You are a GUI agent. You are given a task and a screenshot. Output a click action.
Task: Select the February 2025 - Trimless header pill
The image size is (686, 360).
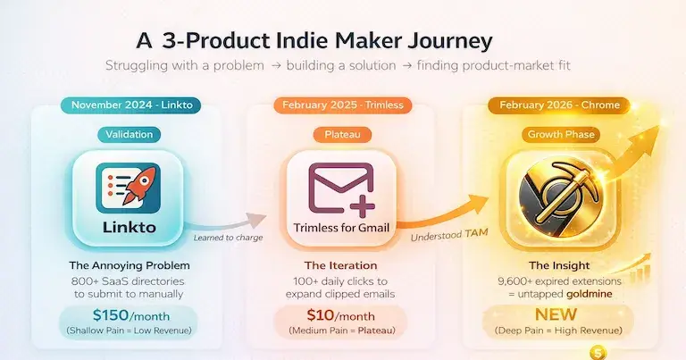click(343, 105)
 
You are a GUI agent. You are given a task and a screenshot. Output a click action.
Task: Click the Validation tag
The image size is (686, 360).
click(130, 135)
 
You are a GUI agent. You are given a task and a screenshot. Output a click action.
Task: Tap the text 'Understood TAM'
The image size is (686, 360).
click(439, 236)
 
